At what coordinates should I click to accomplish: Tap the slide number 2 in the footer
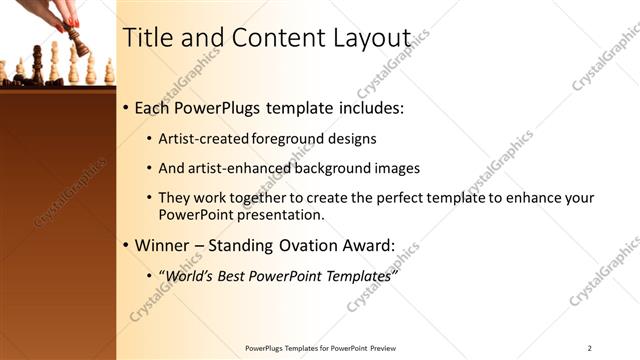pos(589,348)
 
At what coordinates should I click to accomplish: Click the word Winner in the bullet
pos(165,245)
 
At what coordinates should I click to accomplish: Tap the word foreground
pos(287,139)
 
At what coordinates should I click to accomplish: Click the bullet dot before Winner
pos(125,245)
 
